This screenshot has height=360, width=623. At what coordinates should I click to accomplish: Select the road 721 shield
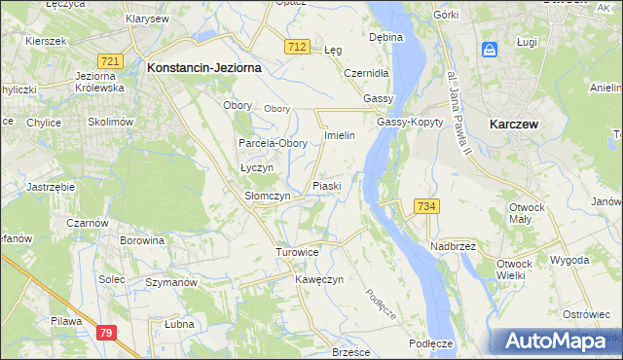[x=110, y=61]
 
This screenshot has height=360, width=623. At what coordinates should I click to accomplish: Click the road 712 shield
[x=298, y=48]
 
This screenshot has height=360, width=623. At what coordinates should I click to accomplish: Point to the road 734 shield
[x=426, y=206]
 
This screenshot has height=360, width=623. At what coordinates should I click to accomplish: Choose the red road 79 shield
[x=108, y=334]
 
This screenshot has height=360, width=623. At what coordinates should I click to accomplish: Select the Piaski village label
[x=325, y=186]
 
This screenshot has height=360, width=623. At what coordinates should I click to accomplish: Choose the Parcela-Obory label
[x=274, y=143]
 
